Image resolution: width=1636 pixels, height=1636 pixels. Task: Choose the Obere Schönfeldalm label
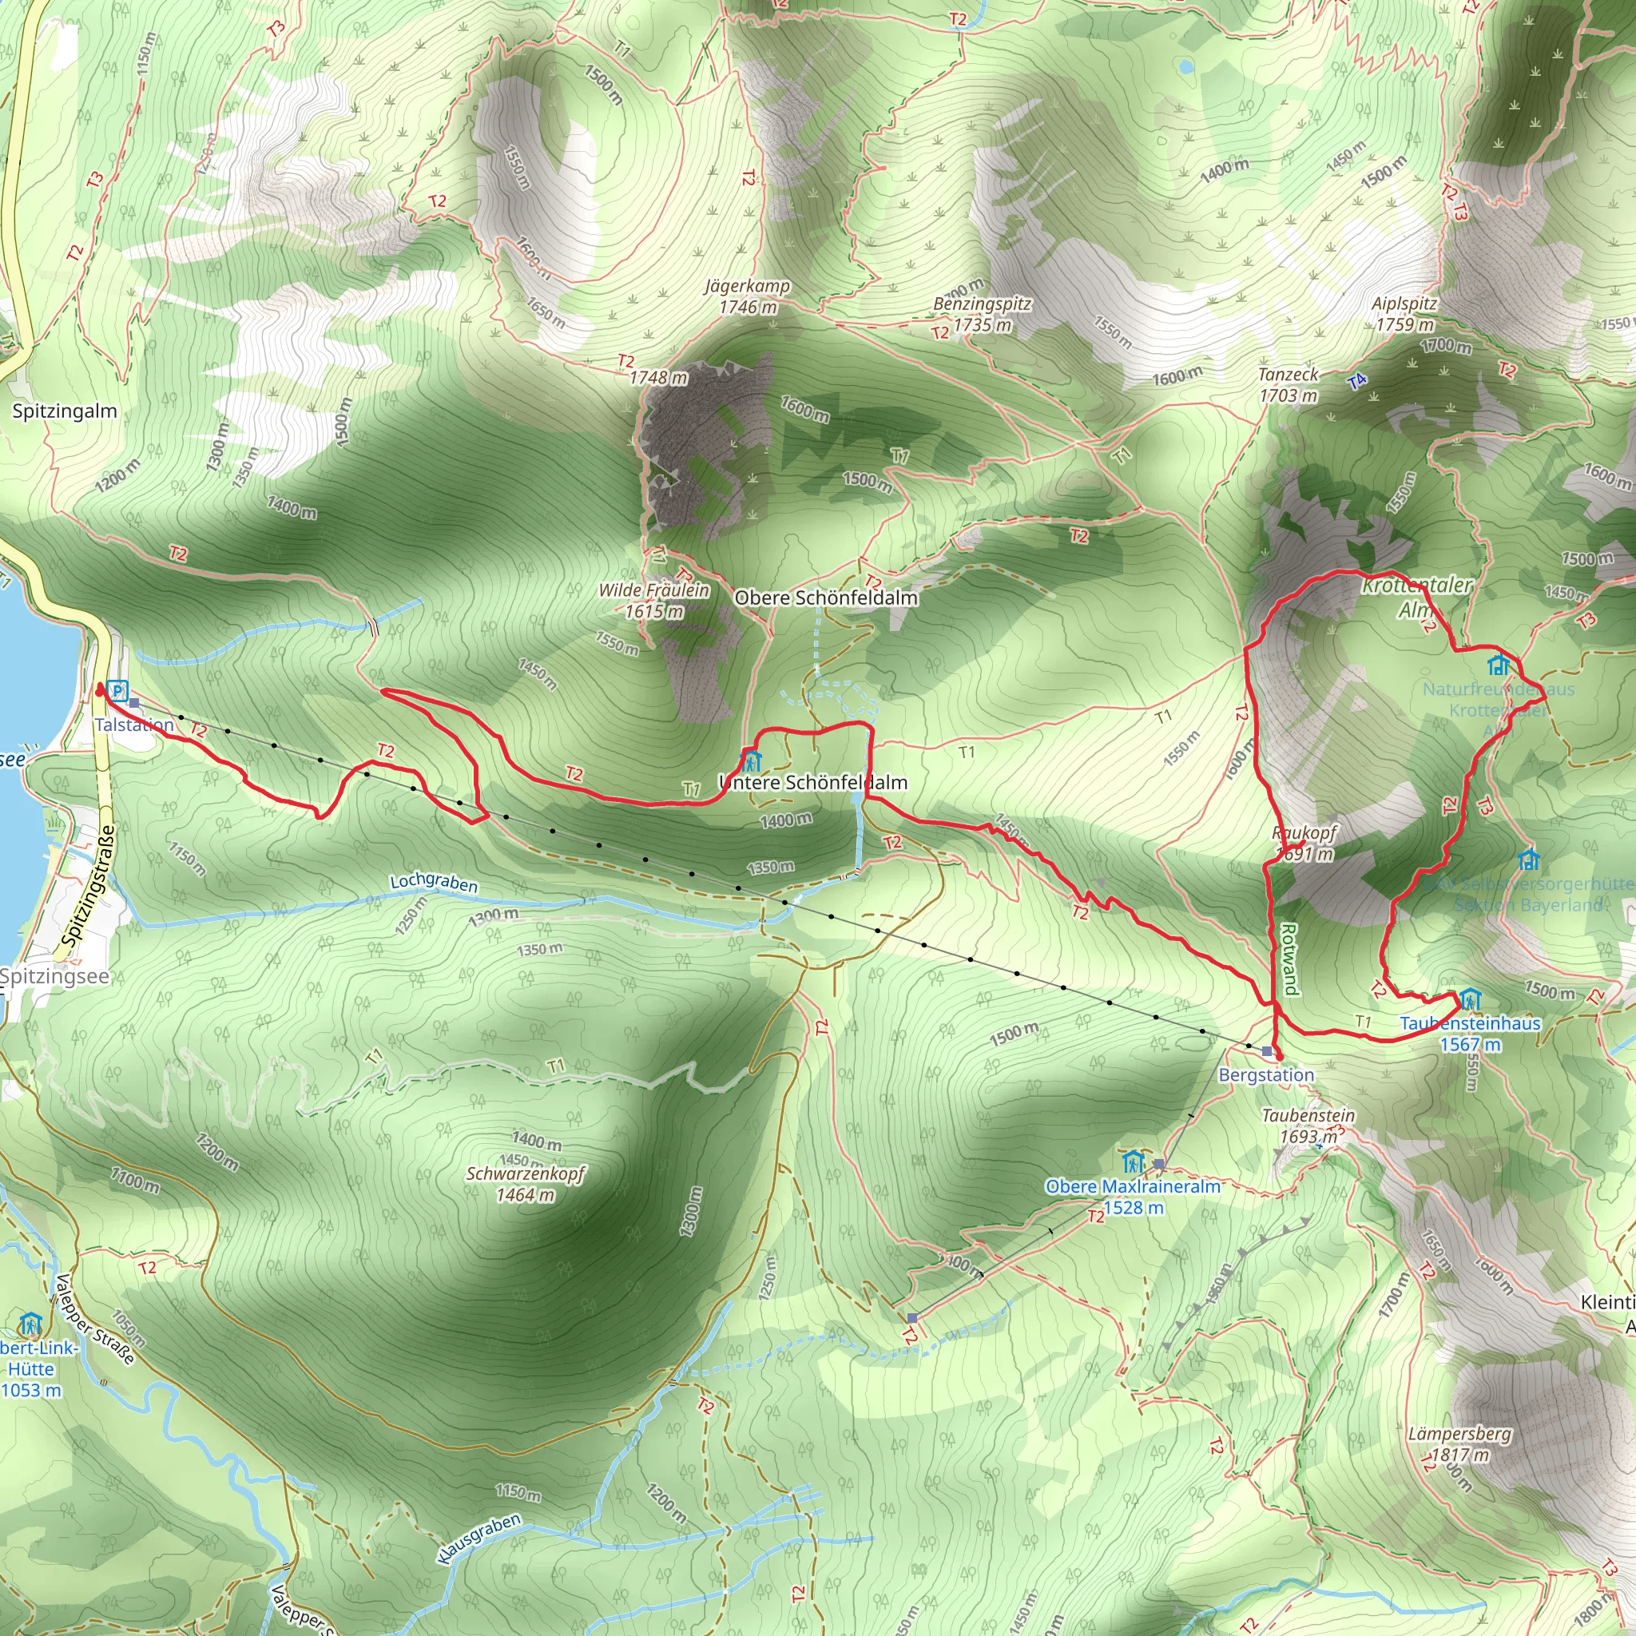[826, 598]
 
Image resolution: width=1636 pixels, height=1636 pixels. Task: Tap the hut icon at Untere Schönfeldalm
[751, 760]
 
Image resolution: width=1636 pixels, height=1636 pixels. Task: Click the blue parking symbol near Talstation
[117, 691]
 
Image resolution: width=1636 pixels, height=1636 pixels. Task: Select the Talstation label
[133, 725]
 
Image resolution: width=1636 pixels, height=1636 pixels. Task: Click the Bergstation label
[1266, 1074]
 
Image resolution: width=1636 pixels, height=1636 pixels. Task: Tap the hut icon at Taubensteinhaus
[1469, 999]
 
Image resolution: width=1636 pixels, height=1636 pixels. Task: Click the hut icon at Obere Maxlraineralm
[1132, 1161]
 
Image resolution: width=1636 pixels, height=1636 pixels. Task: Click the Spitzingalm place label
[65, 411]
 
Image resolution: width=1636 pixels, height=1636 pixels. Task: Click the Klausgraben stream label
[479, 1539]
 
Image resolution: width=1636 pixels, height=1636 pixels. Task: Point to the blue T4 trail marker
[1356, 382]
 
